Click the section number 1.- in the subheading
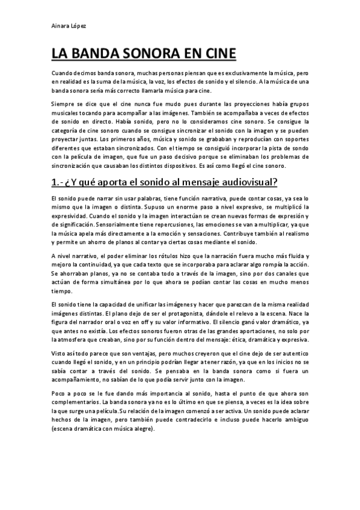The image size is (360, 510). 59,181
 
